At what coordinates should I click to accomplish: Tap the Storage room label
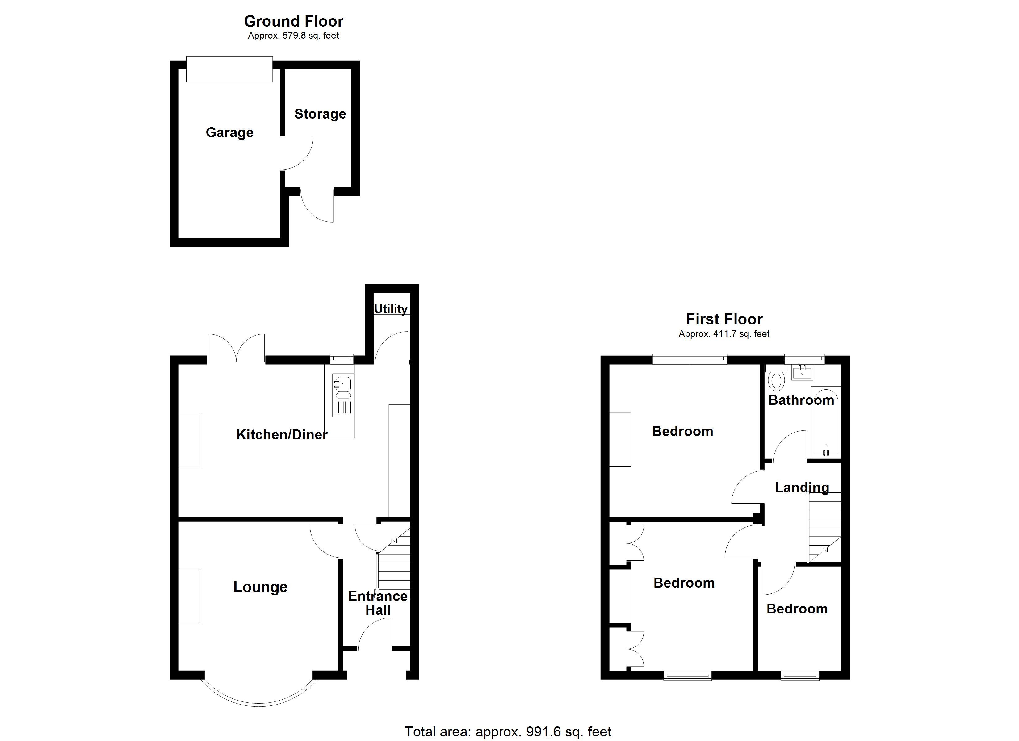[x=320, y=114]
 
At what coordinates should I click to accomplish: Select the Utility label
[x=390, y=309]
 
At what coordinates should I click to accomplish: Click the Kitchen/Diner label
[x=282, y=434]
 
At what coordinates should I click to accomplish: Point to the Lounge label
[x=260, y=587]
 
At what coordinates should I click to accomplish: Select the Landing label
[x=802, y=488]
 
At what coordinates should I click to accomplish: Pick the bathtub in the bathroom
[x=826, y=421]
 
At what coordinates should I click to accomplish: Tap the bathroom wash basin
[x=802, y=372]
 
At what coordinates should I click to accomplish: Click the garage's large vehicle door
[x=229, y=69]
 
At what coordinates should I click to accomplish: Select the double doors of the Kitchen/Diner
[x=236, y=349]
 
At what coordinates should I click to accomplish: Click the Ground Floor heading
[x=293, y=21]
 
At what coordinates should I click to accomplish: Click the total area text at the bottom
[x=508, y=731]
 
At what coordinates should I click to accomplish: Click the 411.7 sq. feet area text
[x=724, y=334]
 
